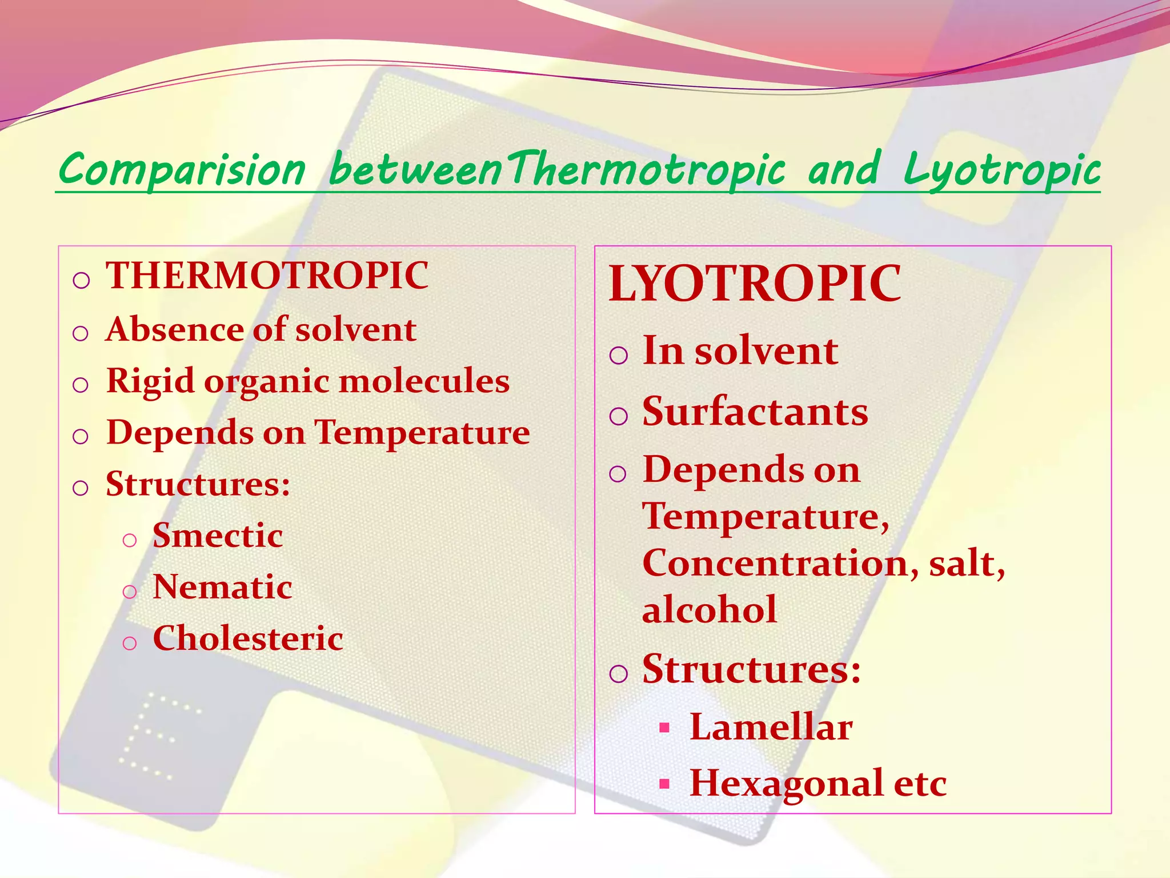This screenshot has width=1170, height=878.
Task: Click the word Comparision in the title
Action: (182, 170)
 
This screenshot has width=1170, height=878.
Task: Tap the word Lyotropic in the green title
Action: (1001, 170)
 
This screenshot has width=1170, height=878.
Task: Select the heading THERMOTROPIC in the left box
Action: (267, 276)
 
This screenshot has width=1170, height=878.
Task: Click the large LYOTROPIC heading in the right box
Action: (754, 284)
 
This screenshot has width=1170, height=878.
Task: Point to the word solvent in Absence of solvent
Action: (355, 330)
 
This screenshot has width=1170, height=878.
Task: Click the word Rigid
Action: (150, 381)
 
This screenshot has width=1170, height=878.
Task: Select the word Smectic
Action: (218, 536)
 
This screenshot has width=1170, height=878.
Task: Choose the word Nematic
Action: (222, 587)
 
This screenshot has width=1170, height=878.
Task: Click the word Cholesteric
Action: (247, 638)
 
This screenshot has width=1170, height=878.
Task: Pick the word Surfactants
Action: (755, 412)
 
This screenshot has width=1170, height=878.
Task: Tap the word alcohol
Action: (709, 609)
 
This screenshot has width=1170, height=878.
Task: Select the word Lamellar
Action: (771, 728)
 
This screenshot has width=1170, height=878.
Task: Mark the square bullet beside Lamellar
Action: (664, 728)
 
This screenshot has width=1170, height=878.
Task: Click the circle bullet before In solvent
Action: (619, 355)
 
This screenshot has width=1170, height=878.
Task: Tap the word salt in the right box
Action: (963, 563)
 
